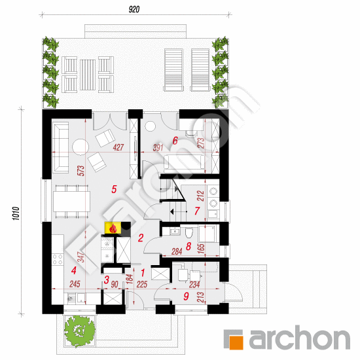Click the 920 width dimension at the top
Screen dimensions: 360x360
(x=134, y=9)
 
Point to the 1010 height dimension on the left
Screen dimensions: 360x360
(x=16, y=214)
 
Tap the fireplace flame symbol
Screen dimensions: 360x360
(x=113, y=228)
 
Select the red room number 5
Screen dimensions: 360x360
(x=114, y=189)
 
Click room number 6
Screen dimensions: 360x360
(x=175, y=141)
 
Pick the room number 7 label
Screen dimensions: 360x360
(x=197, y=211)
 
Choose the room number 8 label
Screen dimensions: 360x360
(x=189, y=246)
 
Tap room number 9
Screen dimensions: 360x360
(x=186, y=296)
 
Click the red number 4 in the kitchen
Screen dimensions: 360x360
(x=74, y=270)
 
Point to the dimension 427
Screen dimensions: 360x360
(x=118, y=147)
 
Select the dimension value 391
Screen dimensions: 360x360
(x=158, y=148)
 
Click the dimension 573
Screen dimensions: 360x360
(x=81, y=171)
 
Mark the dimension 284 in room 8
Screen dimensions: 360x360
(x=177, y=251)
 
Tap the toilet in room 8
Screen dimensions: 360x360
(x=189, y=232)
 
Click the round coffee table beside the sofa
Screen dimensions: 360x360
(x=81, y=147)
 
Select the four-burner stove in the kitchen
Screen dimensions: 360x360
(x=58, y=259)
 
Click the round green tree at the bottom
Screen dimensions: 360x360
(x=80, y=329)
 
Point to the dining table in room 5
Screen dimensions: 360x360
(x=71, y=202)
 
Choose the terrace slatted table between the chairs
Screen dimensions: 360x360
(x=88, y=75)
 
